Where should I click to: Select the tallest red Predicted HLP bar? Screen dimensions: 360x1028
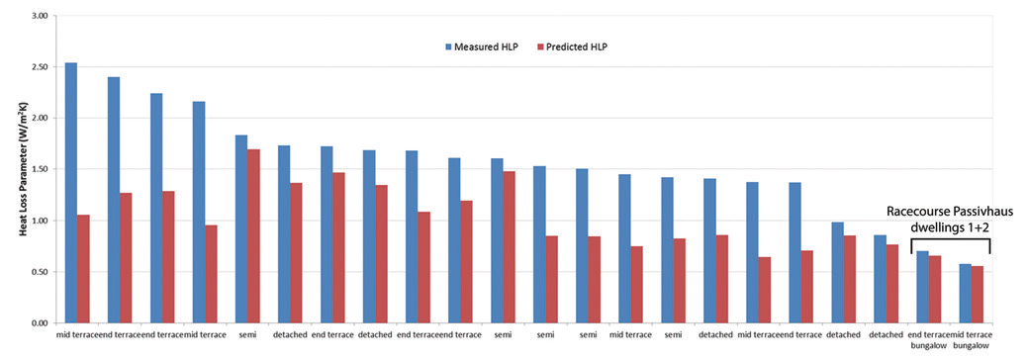253,236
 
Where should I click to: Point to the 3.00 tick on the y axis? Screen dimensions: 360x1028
39,16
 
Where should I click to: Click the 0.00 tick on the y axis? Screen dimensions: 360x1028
39,323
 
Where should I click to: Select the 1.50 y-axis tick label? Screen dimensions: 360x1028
39,169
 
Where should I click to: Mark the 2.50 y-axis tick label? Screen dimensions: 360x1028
39,67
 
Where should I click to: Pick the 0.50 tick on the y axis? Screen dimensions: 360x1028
39,272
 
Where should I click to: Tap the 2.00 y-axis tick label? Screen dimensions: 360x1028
39,119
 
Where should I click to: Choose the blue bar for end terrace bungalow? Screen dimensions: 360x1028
922,287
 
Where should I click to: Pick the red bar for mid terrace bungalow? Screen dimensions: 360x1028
978,295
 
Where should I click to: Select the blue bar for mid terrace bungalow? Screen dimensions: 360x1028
965,293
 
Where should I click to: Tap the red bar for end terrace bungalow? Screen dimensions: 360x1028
935,289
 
